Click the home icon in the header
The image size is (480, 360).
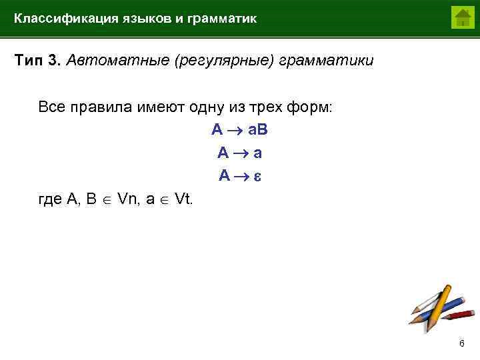pyautogui.click(x=462, y=17)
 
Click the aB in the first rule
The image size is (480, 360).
pyautogui.click(x=258, y=130)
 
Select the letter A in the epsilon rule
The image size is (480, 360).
pyautogui.click(x=224, y=177)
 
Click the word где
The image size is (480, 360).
pyautogui.click(x=51, y=199)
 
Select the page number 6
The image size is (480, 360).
pyautogui.click(x=461, y=343)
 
